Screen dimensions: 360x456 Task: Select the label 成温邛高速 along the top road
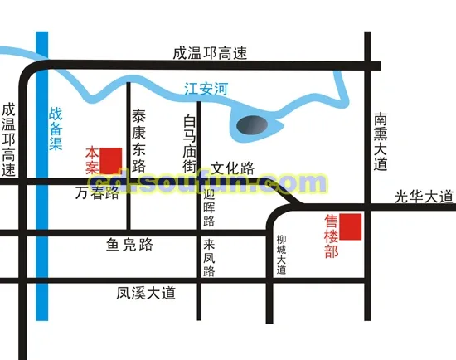(x=210, y=53)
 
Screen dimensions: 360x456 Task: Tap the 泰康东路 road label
(x=139, y=134)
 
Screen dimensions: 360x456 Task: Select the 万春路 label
(x=97, y=194)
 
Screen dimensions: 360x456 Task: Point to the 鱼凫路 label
(x=129, y=244)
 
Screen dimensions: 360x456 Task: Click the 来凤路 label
(x=209, y=258)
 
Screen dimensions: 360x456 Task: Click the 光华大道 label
(x=424, y=197)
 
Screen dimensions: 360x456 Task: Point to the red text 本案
(x=93, y=160)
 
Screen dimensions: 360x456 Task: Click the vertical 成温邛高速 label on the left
(x=9, y=139)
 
